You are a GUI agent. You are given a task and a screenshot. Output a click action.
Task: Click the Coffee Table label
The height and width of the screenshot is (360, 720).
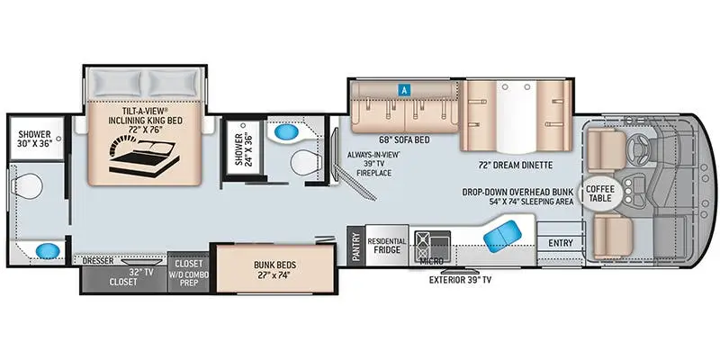point(600,193)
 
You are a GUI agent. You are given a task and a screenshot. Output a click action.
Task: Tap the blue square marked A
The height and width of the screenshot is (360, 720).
point(404,90)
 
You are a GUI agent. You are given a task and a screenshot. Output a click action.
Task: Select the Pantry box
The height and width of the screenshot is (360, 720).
point(355,246)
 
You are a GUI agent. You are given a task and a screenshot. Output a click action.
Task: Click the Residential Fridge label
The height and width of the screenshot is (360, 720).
point(387,246)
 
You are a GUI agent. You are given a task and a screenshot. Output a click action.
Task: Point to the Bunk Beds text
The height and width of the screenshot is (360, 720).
point(274,270)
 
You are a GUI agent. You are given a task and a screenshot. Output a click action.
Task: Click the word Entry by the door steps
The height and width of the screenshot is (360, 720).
point(560,243)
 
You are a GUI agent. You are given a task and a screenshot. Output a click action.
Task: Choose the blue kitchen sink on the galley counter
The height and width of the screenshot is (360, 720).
point(502,236)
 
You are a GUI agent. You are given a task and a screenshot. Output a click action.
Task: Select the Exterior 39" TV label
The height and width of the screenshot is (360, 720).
point(460,280)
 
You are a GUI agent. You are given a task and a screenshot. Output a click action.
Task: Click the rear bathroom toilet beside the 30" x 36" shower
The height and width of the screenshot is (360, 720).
point(29,186)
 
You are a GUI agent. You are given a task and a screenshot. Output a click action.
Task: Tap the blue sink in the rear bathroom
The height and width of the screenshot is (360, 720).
point(48,251)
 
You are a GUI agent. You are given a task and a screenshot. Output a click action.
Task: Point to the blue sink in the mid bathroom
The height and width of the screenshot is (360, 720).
point(285,132)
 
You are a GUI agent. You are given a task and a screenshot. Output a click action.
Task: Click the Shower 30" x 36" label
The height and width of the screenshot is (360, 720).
point(35,139)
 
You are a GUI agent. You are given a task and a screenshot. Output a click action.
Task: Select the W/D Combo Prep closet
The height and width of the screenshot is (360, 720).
point(189,272)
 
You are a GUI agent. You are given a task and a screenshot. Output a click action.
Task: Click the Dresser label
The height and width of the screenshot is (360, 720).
point(98,261)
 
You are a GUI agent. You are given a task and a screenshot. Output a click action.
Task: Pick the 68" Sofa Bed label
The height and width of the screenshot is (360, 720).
point(404,139)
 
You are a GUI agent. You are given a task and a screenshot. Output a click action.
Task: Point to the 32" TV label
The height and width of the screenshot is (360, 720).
point(140,272)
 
